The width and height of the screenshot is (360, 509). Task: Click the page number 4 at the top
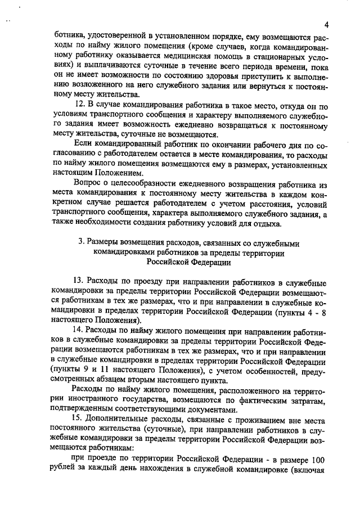(326, 24)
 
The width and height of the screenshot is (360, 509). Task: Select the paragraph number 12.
(79, 105)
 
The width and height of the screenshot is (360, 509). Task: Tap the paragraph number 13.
(79, 280)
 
